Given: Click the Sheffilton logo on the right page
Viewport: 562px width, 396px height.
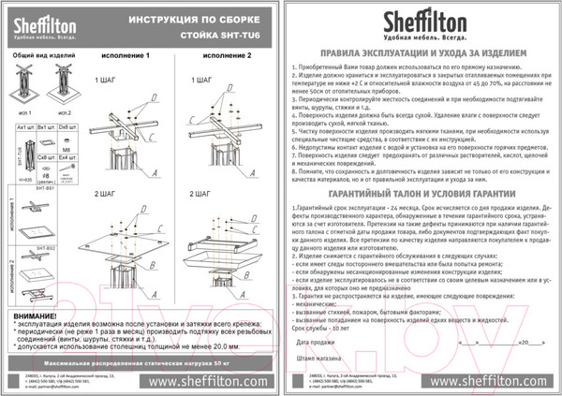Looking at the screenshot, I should point(421,23).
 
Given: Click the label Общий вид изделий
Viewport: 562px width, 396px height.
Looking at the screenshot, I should point(37,57).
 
